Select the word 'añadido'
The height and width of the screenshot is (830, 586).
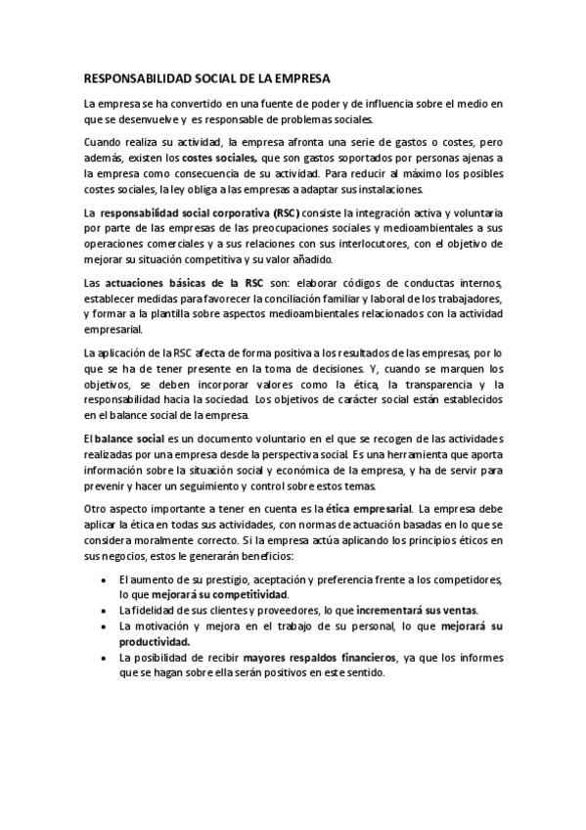coord(305,259)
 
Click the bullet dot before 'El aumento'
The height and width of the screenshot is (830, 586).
coord(105,580)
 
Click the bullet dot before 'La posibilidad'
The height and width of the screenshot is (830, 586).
coord(105,658)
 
